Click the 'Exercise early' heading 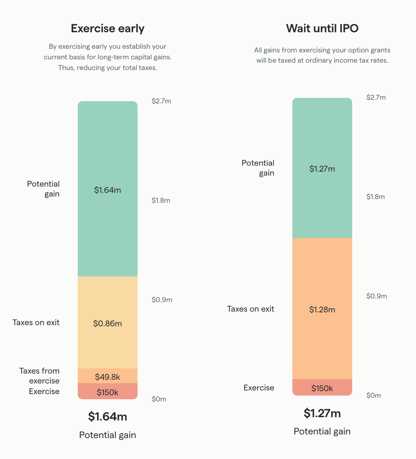[x=107, y=29]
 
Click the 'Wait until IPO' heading [x=322, y=29]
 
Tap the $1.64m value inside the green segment [x=107, y=190]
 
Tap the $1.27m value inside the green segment [x=322, y=169]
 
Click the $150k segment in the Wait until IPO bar [x=322, y=388]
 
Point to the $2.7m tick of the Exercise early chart [x=161, y=101]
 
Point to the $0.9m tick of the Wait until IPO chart [x=376, y=296]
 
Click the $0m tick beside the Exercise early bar [x=159, y=399]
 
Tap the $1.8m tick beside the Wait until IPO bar [x=375, y=197]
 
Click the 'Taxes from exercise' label [x=40, y=376]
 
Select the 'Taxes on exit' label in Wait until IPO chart [x=251, y=309]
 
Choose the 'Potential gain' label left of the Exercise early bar [x=44, y=189]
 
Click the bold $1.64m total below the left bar [x=107, y=416]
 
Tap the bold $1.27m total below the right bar [x=322, y=413]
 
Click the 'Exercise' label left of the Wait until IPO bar [x=259, y=388]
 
